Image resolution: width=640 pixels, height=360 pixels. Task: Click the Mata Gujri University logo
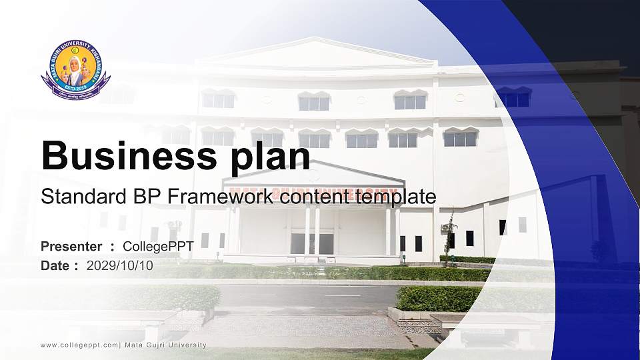[75, 70]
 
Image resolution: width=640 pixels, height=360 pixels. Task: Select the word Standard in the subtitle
[73, 197]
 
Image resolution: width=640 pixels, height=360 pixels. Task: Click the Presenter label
[71, 247]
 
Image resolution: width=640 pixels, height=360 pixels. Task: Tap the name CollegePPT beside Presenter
[158, 247]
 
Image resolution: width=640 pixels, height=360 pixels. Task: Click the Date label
[56, 266]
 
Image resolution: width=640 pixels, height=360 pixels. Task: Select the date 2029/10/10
[120, 266]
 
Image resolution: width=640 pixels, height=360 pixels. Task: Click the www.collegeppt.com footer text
[79, 345]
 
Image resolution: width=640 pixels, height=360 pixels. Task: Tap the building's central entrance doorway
[312, 242]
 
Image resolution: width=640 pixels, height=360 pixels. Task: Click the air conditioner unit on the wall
[445, 228]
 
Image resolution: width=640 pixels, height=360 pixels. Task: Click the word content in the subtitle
[317, 197]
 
